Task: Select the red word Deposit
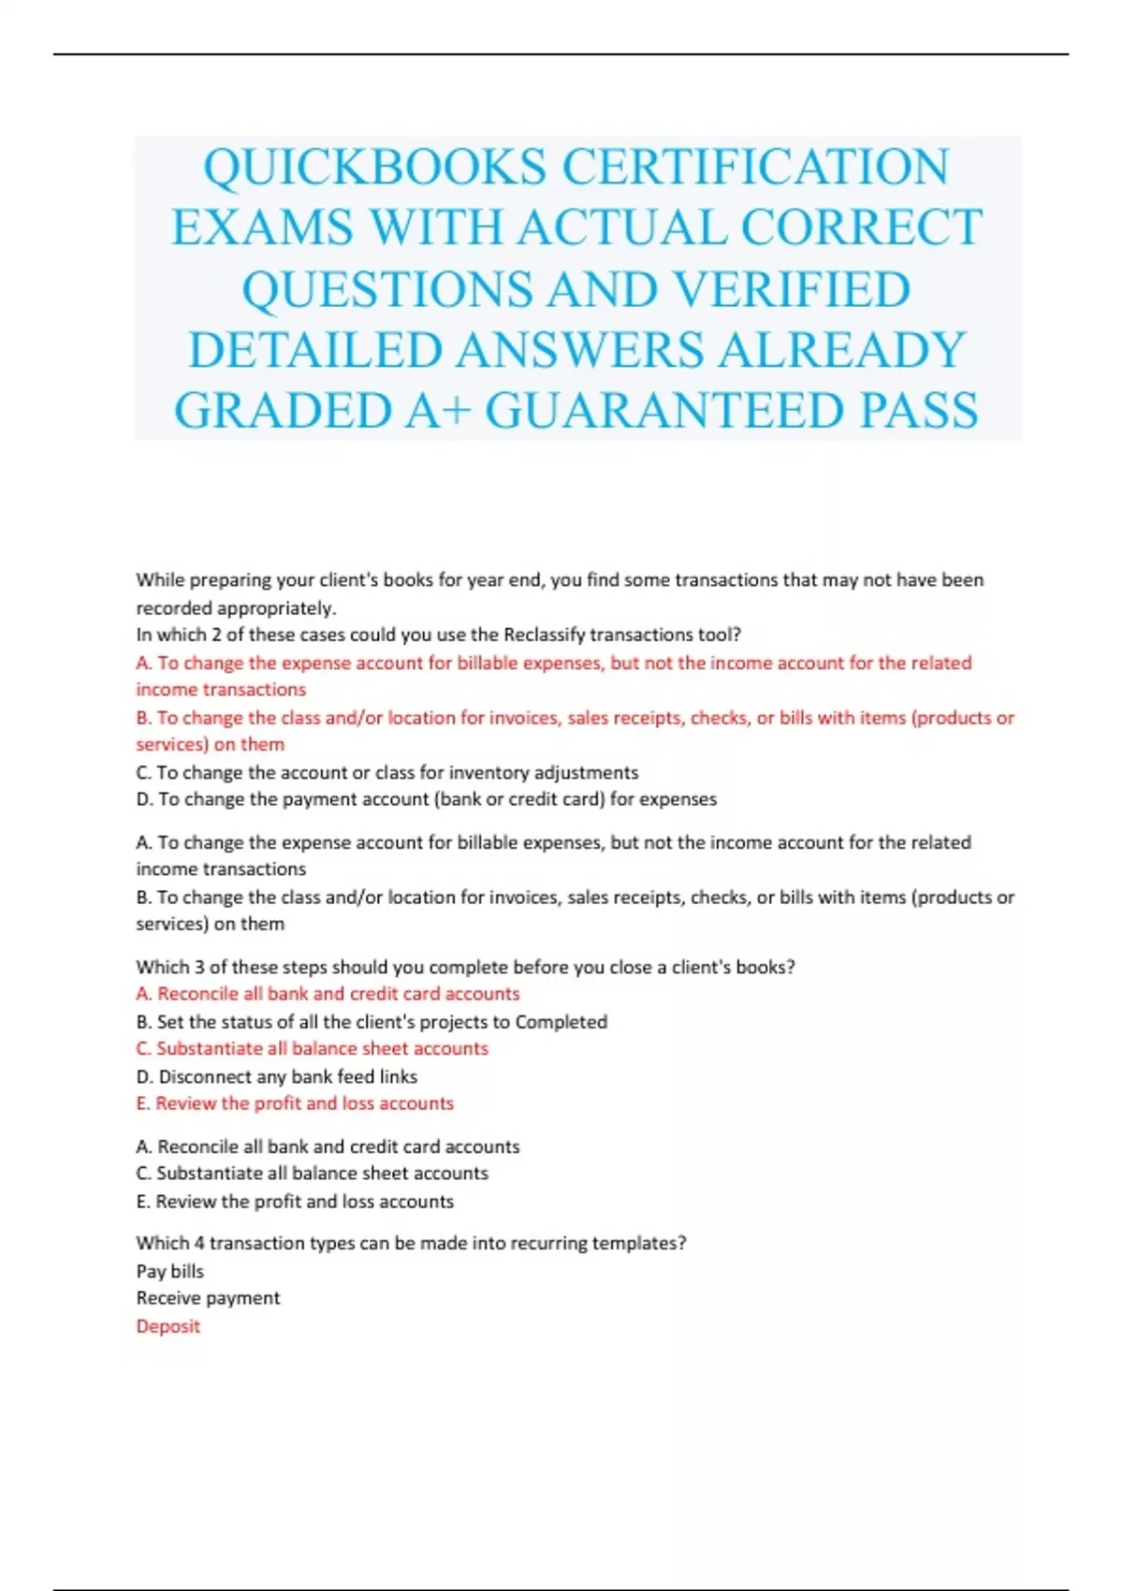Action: (x=168, y=1326)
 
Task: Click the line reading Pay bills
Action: (x=170, y=1271)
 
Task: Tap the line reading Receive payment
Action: (x=208, y=1298)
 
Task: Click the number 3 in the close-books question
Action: (x=200, y=967)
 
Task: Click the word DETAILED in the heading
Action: (x=315, y=350)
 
